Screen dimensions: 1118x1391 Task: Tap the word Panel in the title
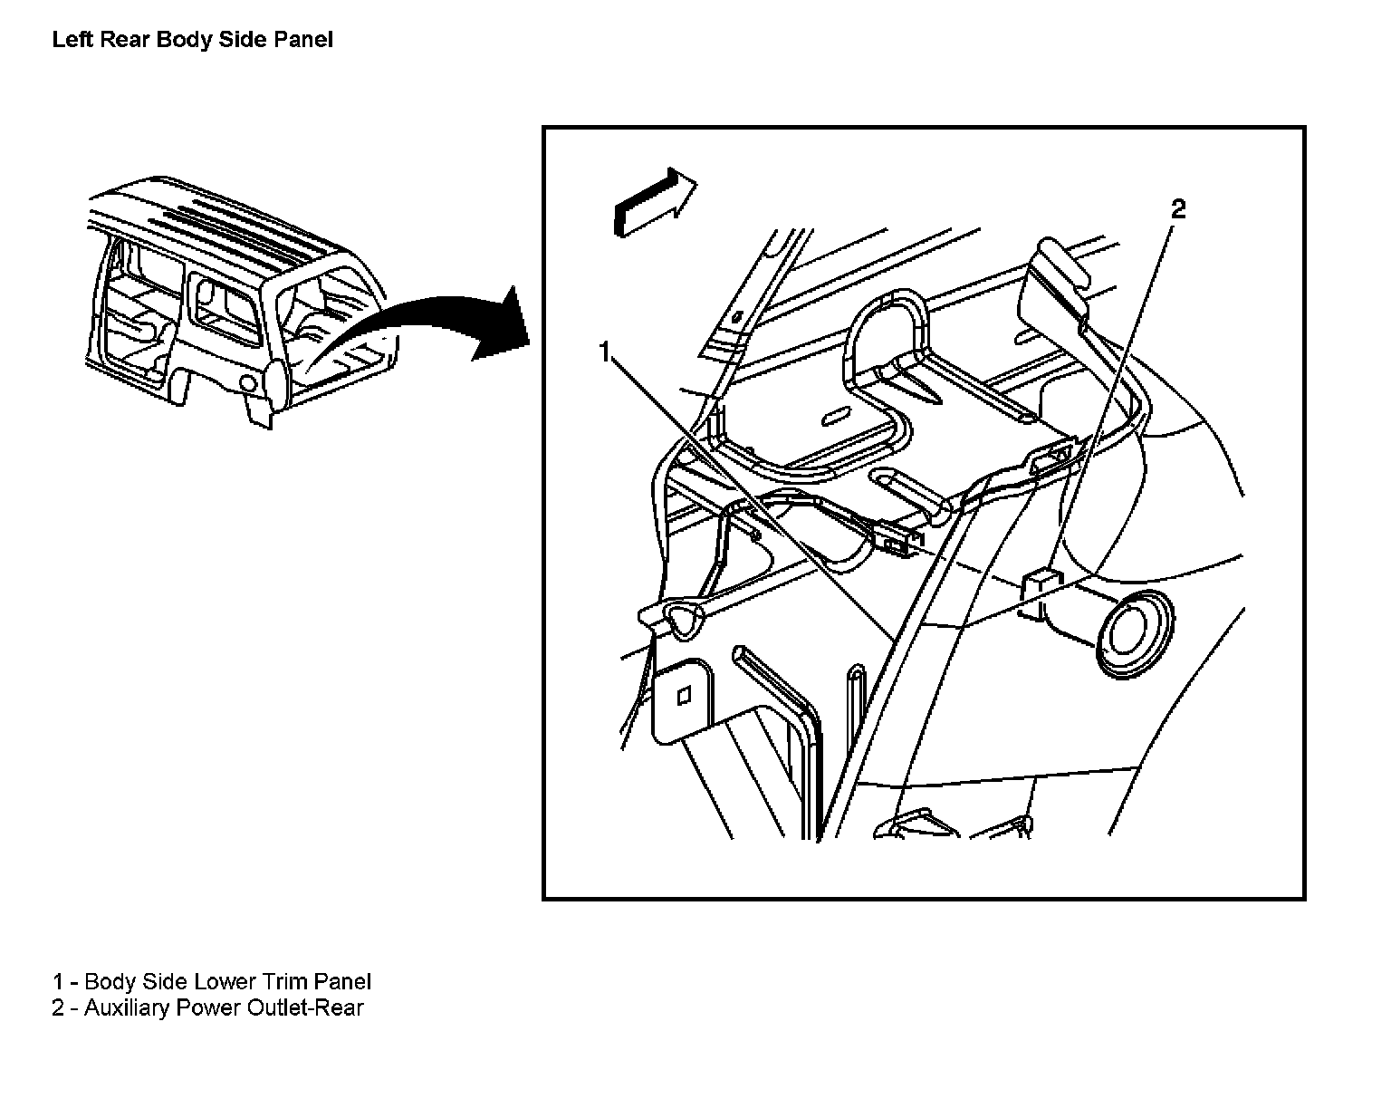point(302,40)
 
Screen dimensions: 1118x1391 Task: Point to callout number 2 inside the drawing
point(1177,209)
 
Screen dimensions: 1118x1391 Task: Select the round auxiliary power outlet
point(1134,633)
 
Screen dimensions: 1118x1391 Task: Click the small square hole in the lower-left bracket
point(685,695)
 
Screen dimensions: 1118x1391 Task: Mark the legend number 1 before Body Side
point(58,982)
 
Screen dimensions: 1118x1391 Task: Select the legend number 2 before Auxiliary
point(58,1008)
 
